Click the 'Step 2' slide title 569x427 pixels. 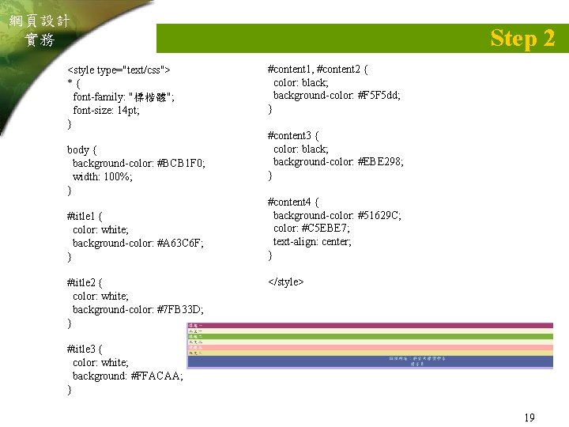(x=522, y=37)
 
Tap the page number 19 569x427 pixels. (x=529, y=417)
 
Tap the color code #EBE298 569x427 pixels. (x=379, y=161)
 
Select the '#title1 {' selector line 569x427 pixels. (x=85, y=216)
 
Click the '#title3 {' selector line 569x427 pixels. (x=85, y=349)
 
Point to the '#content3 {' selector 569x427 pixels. (x=298, y=135)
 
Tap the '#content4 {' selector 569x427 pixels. (x=298, y=202)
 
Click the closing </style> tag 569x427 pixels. (x=286, y=282)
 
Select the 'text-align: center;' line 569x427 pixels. (x=313, y=242)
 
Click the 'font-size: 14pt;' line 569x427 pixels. (x=106, y=110)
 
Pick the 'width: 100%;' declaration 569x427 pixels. (x=103, y=176)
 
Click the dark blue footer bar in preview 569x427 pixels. (x=370, y=361)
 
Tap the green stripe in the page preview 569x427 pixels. (x=370, y=336)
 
